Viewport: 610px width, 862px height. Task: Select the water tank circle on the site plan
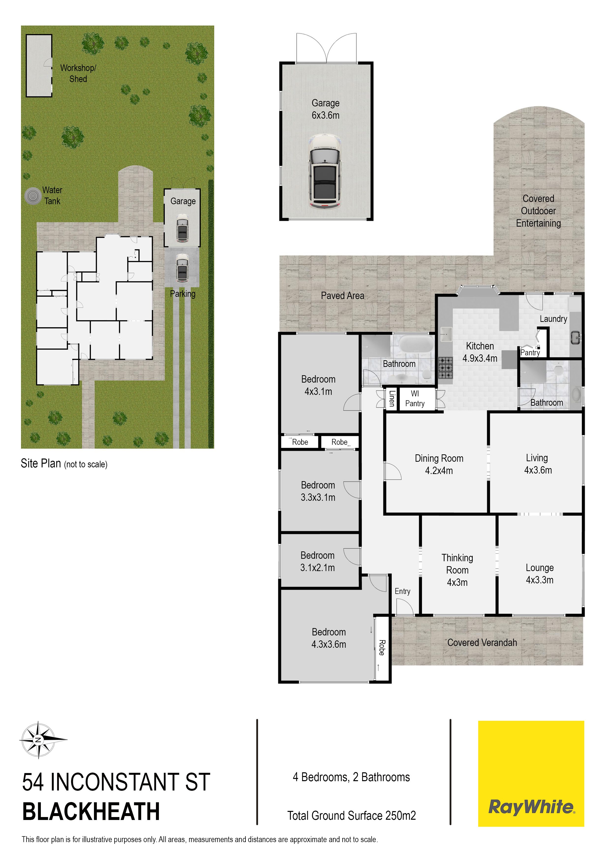(33, 196)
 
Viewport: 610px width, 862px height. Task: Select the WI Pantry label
(415, 398)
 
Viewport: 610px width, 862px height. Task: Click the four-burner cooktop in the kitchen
(446, 368)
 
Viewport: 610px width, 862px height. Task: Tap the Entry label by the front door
(403, 591)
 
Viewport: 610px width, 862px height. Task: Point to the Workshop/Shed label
(78, 73)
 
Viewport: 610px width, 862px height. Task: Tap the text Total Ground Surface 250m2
(351, 816)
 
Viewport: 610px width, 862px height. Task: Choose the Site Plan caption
(64, 464)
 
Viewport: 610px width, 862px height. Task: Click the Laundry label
(553, 319)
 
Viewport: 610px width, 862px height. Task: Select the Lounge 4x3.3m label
(540, 574)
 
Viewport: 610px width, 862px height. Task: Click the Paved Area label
(342, 296)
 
